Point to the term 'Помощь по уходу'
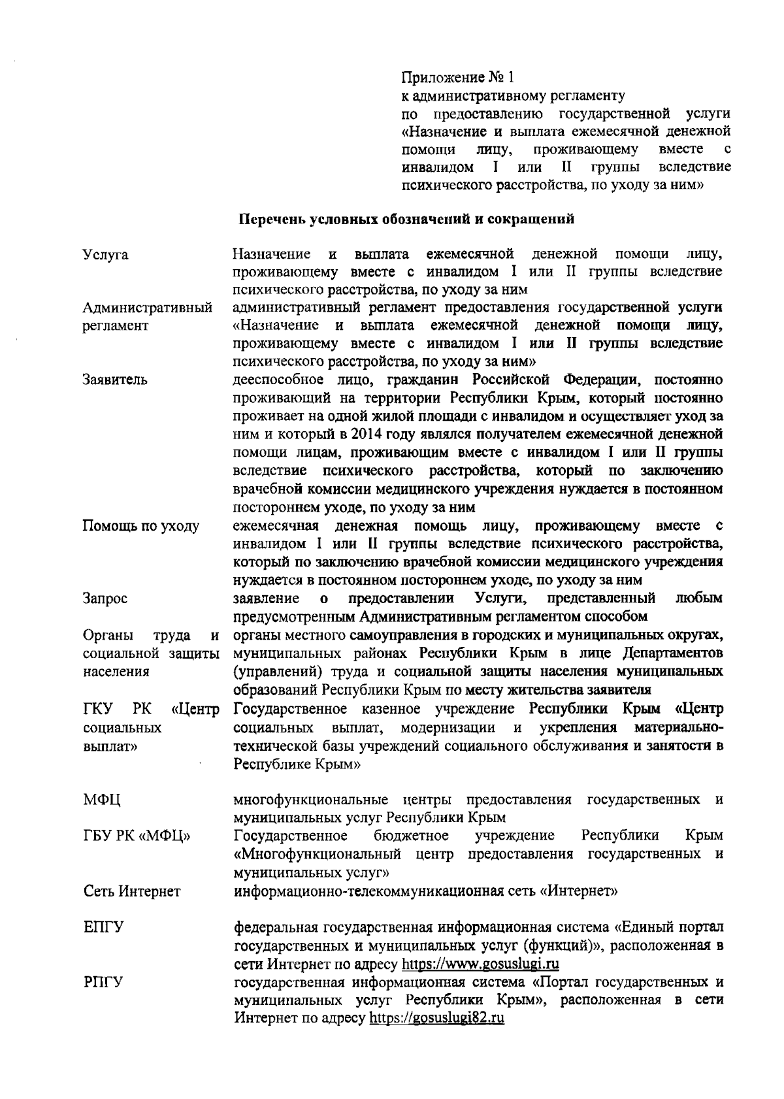(141, 527)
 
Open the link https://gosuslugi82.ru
(437, 1019)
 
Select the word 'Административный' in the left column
(148, 308)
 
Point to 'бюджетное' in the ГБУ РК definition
(411, 836)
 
